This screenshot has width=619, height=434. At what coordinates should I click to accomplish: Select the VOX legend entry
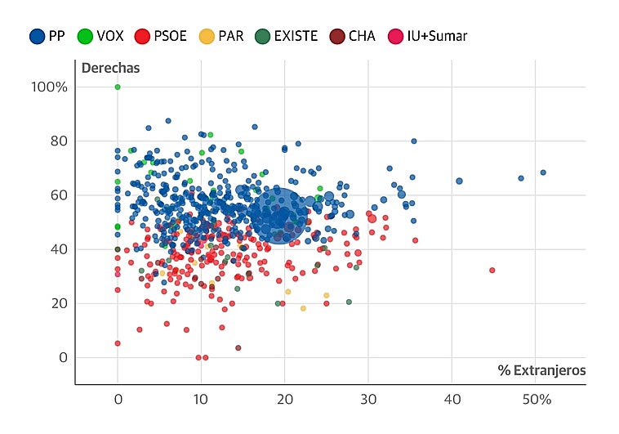pos(102,36)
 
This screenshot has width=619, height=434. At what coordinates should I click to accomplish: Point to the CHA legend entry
pos(353,36)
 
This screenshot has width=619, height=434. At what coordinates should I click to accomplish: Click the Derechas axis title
pos(109,68)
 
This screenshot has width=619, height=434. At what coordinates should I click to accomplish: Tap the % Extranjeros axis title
pos(541,370)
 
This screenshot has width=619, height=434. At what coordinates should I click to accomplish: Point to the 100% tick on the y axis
pos(50,87)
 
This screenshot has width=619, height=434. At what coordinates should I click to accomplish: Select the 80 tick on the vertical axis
pos(58,141)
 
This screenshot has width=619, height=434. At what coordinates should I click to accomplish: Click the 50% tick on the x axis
pos(537,400)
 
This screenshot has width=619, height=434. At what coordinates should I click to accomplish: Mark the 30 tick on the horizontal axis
pos(368,400)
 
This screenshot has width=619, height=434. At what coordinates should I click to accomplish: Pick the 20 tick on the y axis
pos(58,303)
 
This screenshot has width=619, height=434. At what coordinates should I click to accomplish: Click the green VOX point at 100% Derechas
pos(118,87)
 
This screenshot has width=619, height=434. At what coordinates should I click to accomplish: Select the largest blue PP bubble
pos(278,215)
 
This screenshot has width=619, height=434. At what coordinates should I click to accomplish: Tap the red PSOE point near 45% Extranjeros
pos(492,270)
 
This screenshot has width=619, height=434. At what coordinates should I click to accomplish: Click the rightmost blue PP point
pos(543,172)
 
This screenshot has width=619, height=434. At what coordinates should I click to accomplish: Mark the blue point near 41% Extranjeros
pos(459,181)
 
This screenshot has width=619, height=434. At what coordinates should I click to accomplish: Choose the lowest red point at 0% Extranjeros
pos(118,343)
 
